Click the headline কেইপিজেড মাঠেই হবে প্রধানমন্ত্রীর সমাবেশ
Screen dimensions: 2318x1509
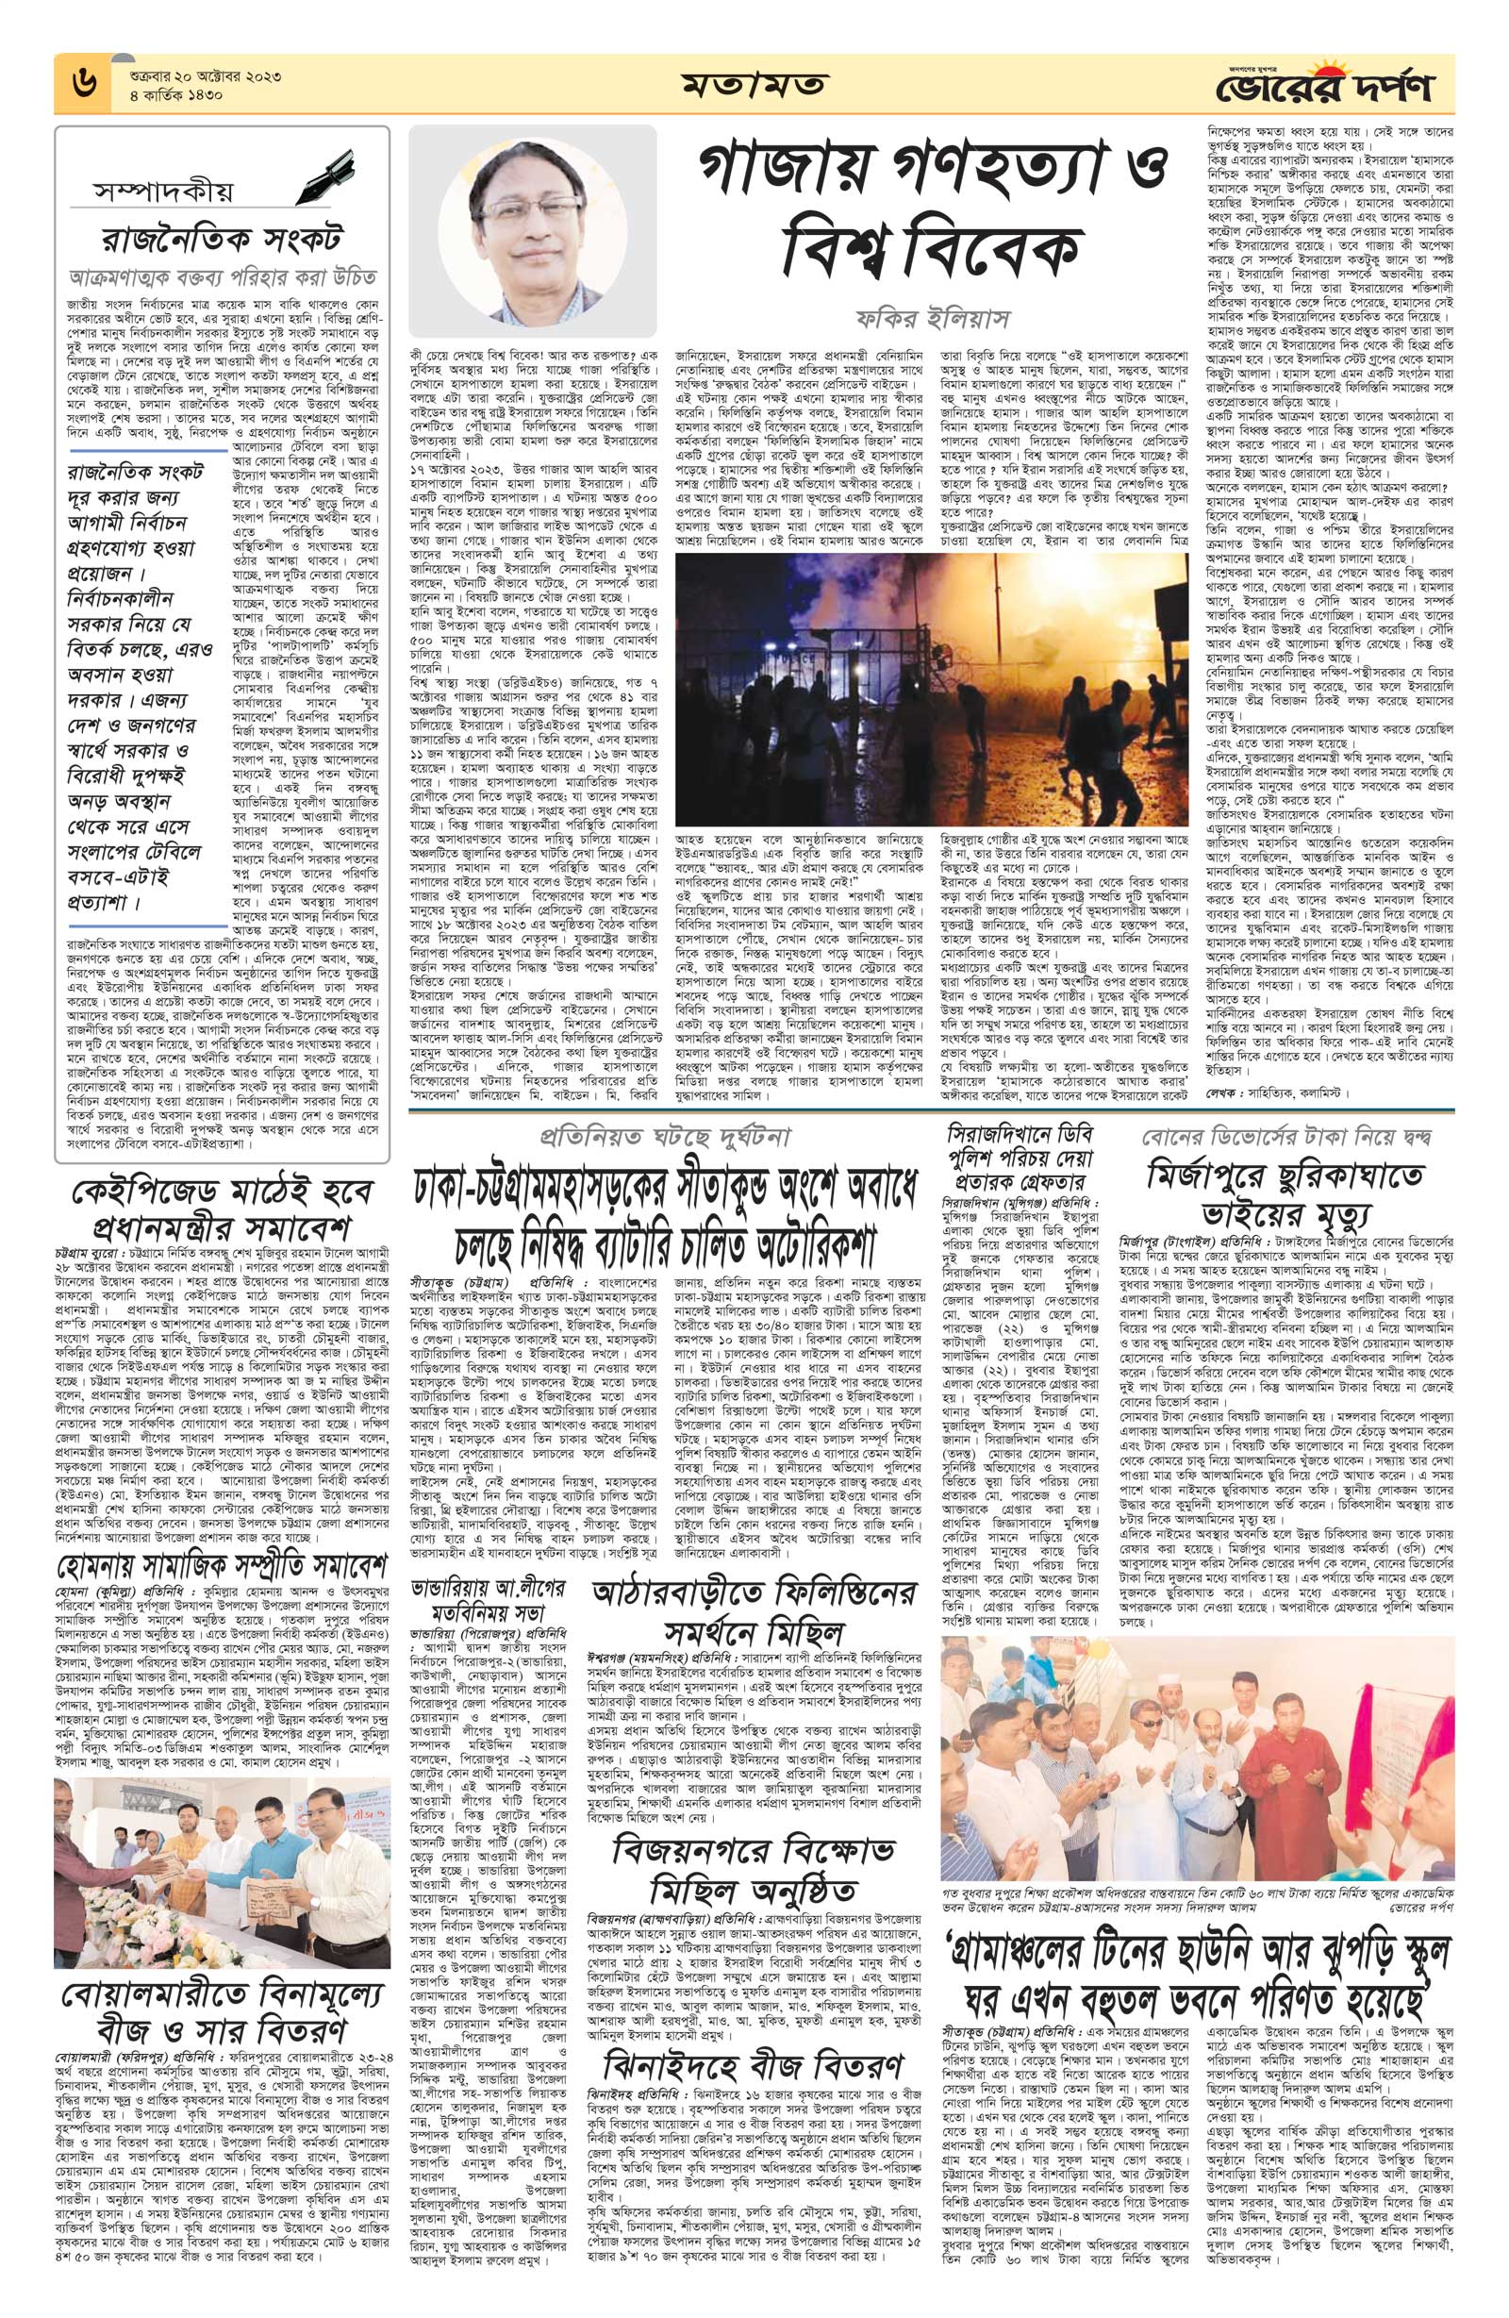point(221,1209)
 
